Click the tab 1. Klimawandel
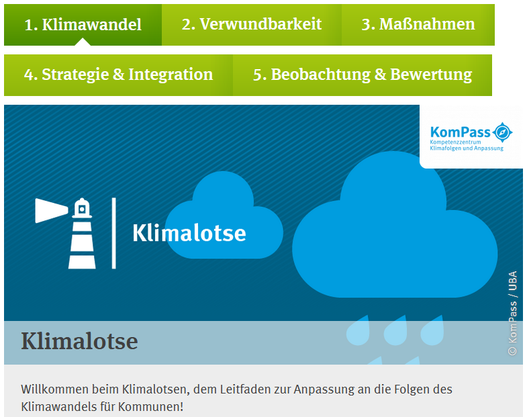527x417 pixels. coord(83,25)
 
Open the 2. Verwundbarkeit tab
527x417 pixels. coord(252,25)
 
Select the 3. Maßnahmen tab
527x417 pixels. coord(418,25)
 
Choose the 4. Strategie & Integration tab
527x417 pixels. coord(118,75)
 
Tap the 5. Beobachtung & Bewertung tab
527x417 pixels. coord(363,75)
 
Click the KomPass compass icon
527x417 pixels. coord(502,132)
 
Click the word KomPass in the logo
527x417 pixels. coord(460,132)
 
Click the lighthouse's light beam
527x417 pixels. coord(51,211)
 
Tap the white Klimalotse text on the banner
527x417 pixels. coord(189,233)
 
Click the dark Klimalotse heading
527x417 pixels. coord(80,341)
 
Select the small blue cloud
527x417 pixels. coord(224,216)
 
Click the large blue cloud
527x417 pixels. coord(395,225)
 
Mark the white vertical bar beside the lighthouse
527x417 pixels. coord(114,234)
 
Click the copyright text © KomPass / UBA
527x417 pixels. coord(512,313)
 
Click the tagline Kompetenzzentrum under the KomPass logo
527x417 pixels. coord(455,142)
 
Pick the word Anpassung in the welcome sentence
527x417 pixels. coord(324,390)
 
